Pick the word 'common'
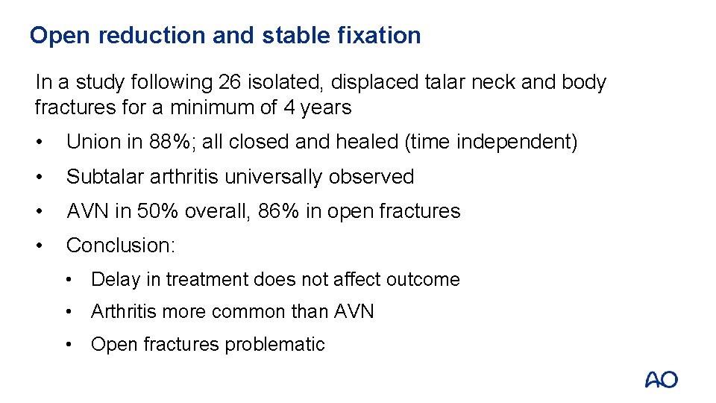coord(250,312)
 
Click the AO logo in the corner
coord(661,380)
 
